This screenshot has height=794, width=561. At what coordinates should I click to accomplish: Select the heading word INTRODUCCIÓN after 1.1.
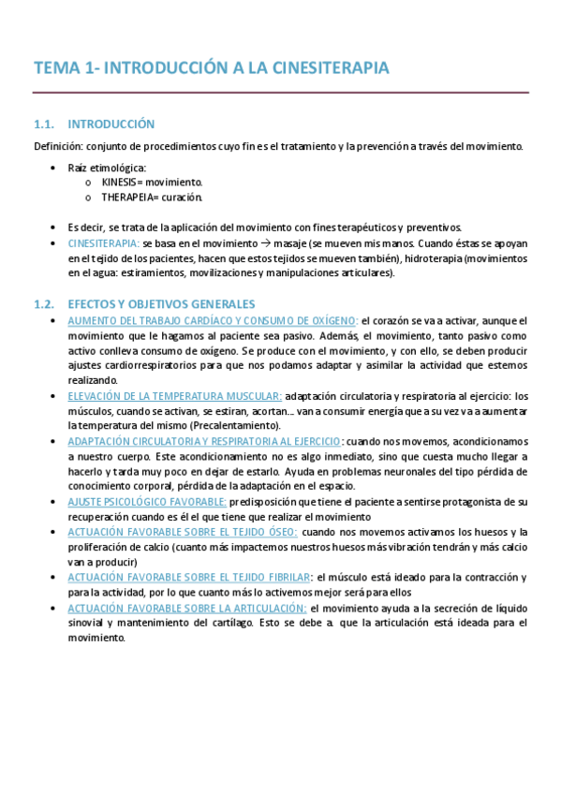point(111,124)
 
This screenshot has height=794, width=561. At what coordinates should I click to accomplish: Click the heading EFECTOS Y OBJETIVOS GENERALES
point(162,304)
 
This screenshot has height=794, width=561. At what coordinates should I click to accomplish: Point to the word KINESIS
point(121,182)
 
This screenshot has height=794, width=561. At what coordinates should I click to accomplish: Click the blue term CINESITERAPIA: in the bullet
point(103,243)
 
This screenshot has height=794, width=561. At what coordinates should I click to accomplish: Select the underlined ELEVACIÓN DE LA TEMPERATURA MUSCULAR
point(175,396)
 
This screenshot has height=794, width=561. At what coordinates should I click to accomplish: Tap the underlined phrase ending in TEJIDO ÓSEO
point(183,532)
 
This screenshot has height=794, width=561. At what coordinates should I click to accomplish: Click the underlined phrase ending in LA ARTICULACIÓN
point(186,608)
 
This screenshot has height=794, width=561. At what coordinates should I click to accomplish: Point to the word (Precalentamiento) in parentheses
point(236,426)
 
